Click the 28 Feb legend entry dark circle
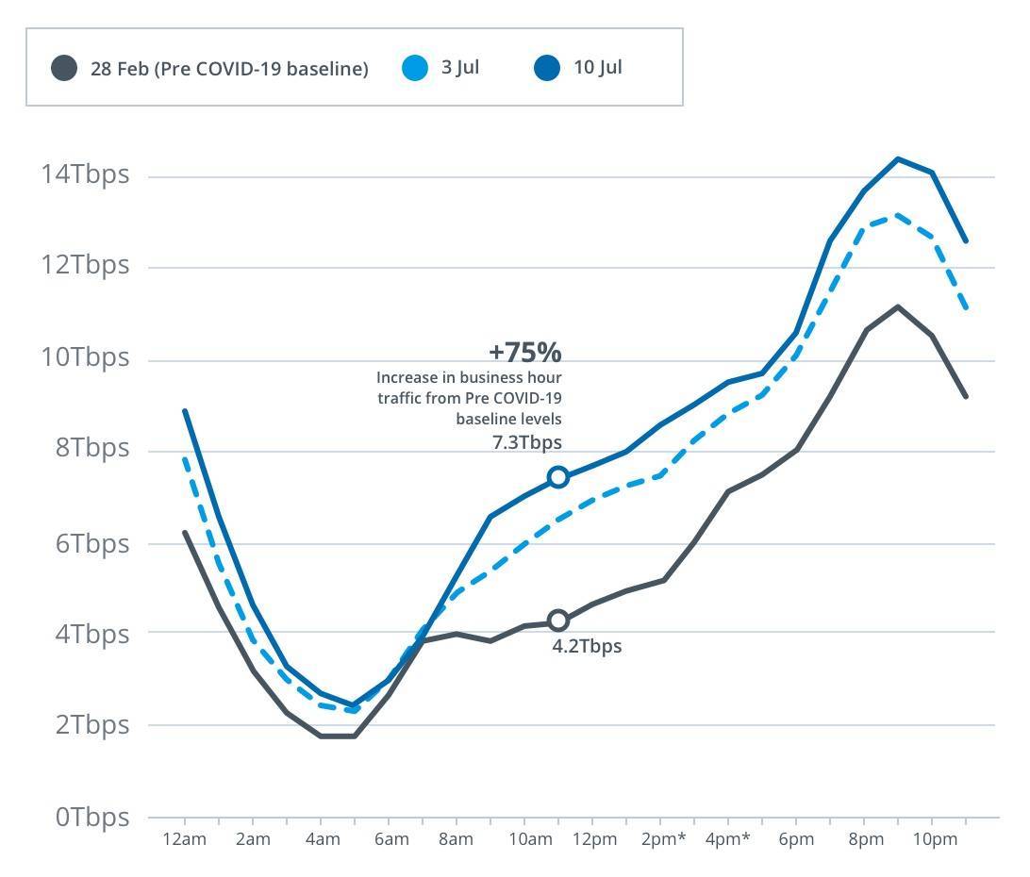[64, 68]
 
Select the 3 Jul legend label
[459, 68]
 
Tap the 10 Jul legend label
[597, 68]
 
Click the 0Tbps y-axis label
[91, 817]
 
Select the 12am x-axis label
[185, 839]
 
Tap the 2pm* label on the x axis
[664, 839]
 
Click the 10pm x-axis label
[931, 839]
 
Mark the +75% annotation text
[524, 353]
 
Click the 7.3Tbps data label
[528, 442]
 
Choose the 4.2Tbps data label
[587, 647]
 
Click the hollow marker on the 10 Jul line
[558, 477]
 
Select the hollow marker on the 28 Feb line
[558, 621]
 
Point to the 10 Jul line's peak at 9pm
[898, 158]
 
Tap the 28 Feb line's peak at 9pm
[898, 306]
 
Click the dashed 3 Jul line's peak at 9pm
[898, 214]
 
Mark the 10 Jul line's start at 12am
[185, 411]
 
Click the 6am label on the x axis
[390, 839]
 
